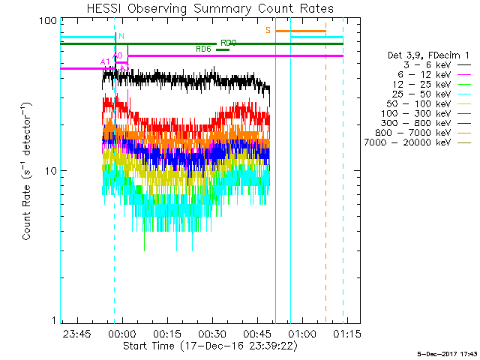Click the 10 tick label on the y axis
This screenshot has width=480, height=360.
(51, 170)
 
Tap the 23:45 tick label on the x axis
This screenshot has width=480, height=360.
(77, 333)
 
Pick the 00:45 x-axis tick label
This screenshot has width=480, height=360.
(257, 333)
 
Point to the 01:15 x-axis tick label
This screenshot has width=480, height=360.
(347, 333)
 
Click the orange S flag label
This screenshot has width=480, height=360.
(268, 30)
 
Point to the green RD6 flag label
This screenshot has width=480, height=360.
(202, 49)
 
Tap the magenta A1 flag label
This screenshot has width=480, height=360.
(104, 61)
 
